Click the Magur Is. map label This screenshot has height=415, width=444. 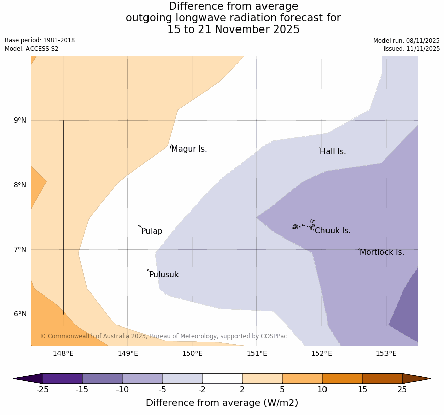click(189, 149)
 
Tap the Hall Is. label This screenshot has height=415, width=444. click(333, 152)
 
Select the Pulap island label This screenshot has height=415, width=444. click(152, 231)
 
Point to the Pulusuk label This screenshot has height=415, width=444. click(164, 275)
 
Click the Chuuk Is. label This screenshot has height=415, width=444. click(333, 231)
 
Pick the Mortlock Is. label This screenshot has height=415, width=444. click(381, 252)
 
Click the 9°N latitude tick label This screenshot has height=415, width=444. click(20, 120)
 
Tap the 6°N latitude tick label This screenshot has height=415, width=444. click(20, 314)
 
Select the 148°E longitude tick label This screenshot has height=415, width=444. click(63, 353)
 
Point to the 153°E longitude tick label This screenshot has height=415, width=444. click(386, 353)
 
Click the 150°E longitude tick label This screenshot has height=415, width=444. click(192, 353)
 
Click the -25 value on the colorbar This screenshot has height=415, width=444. click(42, 390)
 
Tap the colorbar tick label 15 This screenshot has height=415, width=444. click(362, 390)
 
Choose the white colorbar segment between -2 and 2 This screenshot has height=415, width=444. click(222, 378)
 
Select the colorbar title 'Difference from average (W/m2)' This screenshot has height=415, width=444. click(222, 403)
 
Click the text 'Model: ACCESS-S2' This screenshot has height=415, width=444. click(32, 49)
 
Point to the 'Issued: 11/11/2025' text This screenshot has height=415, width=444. click(412, 49)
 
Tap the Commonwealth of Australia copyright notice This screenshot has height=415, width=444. click(164, 336)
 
